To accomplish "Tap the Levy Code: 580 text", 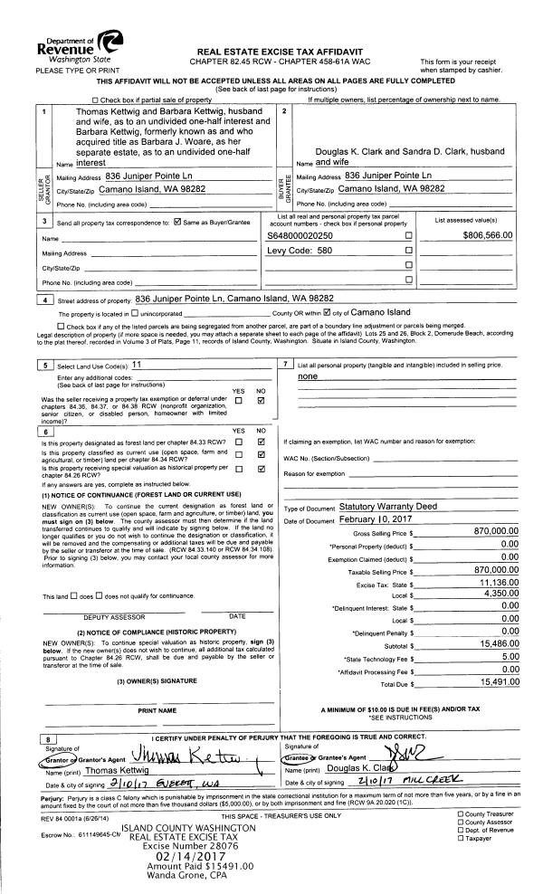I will coord(300,251).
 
